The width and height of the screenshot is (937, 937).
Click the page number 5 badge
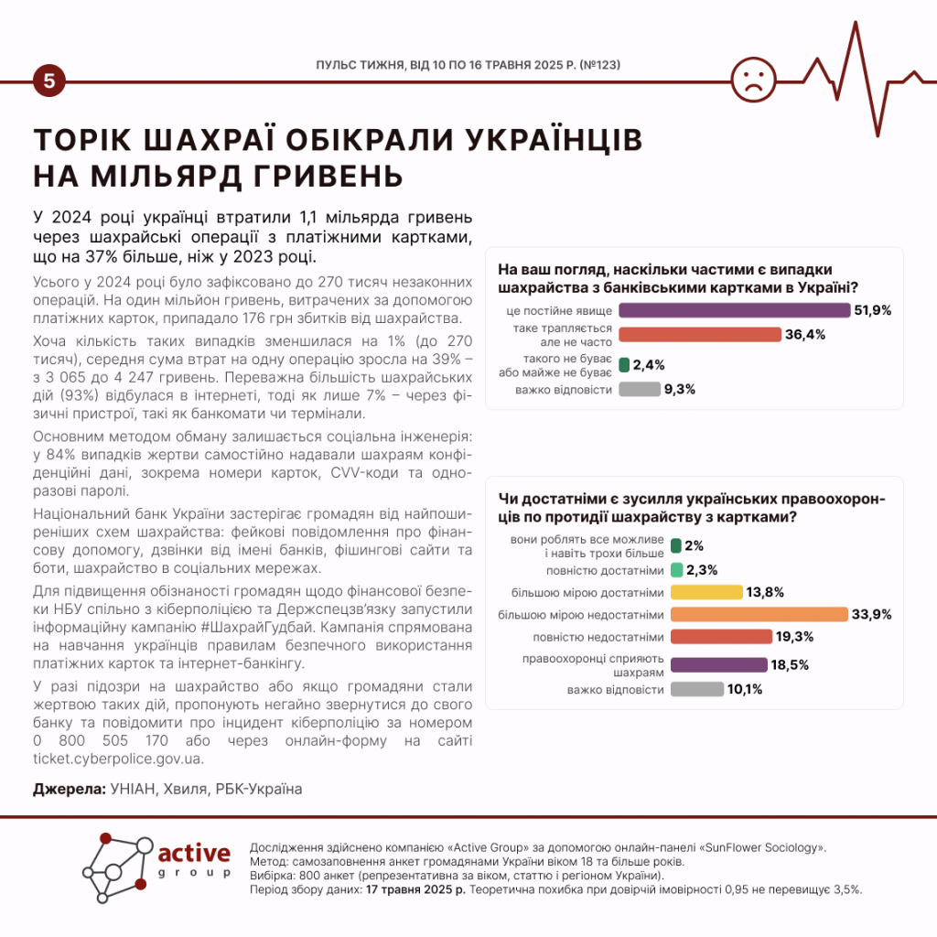(x=48, y=81)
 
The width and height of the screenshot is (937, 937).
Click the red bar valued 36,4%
(x=700, y=334)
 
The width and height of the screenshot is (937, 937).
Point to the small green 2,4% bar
(x=624, y=364)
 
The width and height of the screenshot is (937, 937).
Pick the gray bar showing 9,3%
(x=640, y=389)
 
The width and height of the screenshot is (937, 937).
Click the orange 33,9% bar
(x=759, y=614)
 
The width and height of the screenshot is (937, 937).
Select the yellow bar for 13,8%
(x=705, y=592)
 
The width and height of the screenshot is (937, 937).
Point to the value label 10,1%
(x=745, y=689)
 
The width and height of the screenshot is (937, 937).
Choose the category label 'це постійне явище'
(x=559, y=311)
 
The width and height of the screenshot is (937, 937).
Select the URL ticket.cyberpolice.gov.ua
(x=117, y=759)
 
